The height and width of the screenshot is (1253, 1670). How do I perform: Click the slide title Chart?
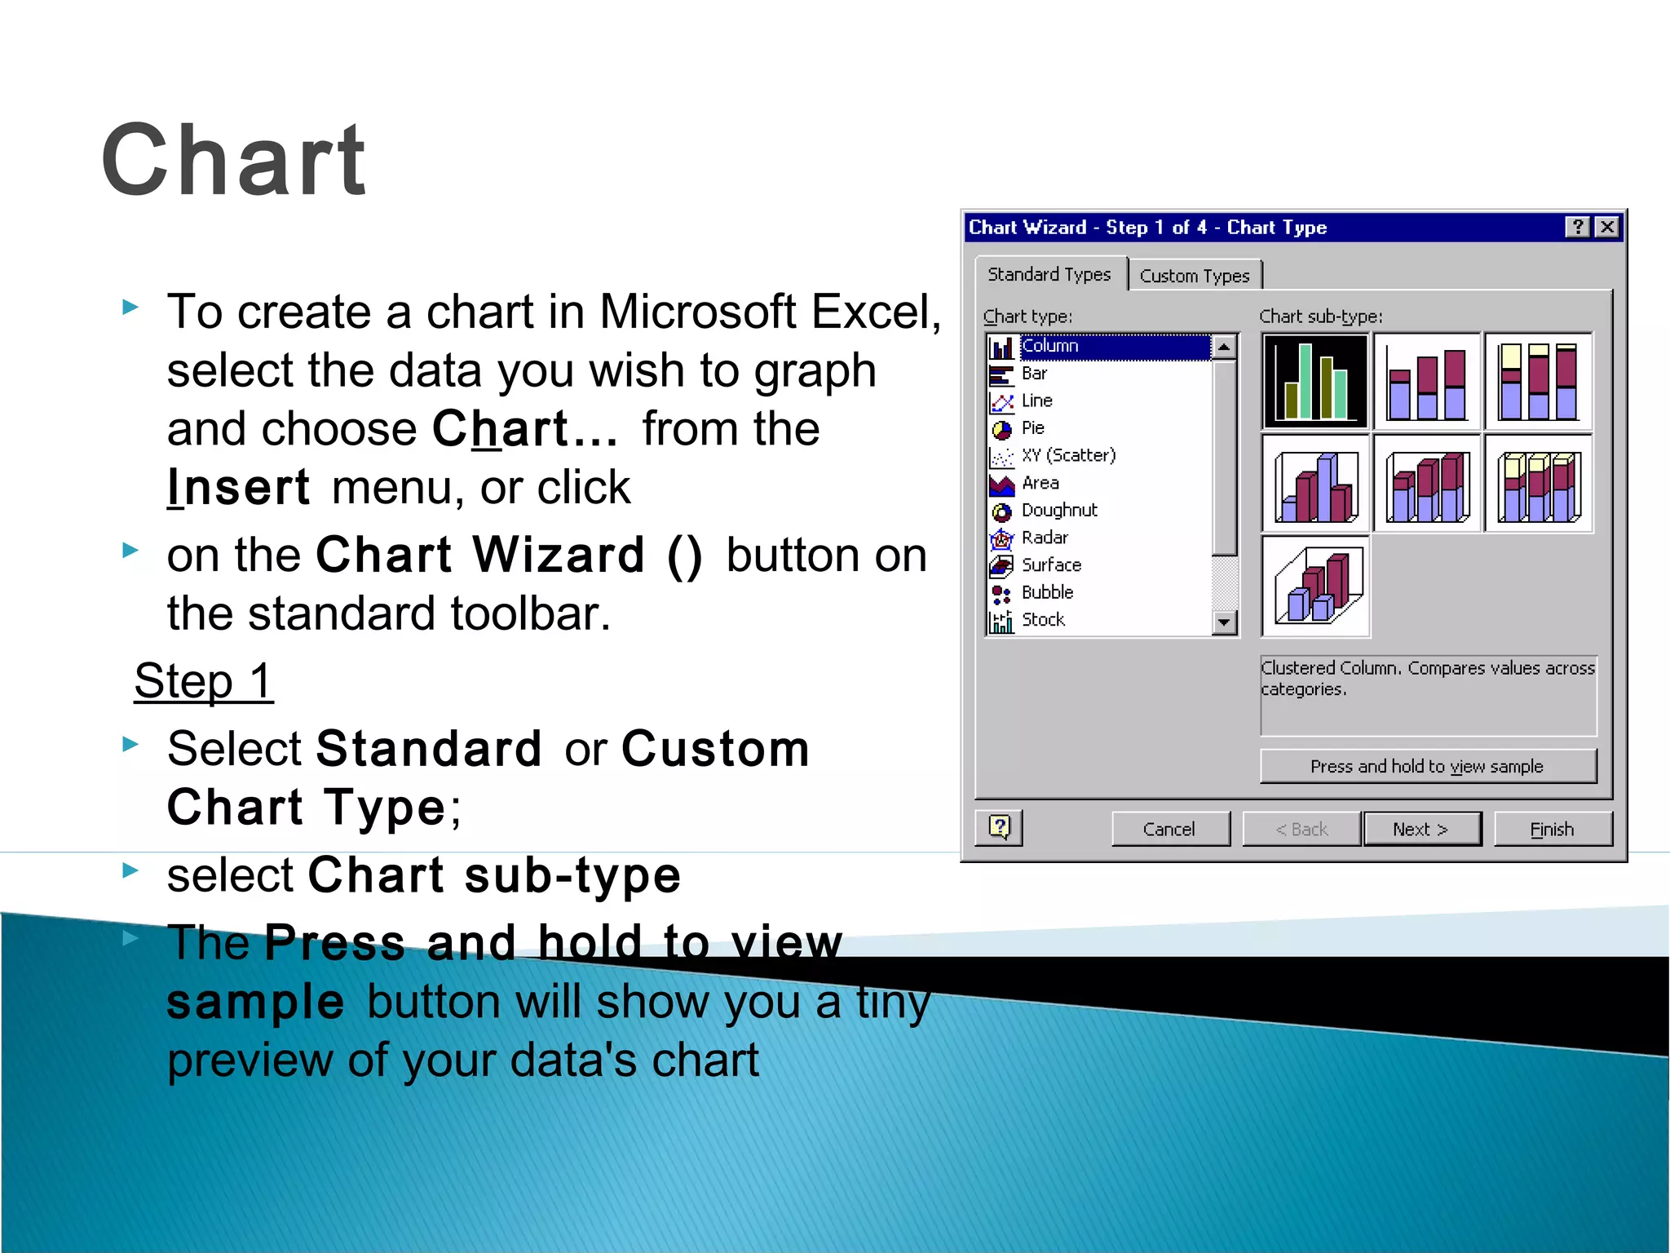tap(234, 160)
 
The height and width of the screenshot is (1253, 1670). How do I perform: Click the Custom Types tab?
tap(1194, 276)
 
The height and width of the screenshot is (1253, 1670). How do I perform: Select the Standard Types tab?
tap(1049, 274)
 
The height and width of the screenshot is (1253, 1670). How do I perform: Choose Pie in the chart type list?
tap(1032, 427)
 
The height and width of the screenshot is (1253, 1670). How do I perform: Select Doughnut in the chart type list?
tap(1058, 510)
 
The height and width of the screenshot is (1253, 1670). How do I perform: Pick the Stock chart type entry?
tap(1042, 620)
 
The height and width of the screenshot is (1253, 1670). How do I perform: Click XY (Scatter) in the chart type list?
tap(1067, 455)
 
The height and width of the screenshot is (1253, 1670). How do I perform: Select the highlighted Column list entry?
tap(1050, 346)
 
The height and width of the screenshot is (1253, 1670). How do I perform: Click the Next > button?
tap(1420, 829)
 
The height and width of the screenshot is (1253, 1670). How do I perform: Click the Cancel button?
tap(1169, 829)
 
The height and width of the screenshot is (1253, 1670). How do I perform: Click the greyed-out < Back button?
tap(1301, 829)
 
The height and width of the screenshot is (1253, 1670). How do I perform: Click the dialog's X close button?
tap(1606, 227)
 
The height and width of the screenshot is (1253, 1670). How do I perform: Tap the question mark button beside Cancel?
tap(999, 827)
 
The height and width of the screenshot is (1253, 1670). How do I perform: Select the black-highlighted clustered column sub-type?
tap(1315, 381)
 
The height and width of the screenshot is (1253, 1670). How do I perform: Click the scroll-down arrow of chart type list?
tap(1224, 622)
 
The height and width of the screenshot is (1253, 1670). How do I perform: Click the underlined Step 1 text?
tap(203, 681)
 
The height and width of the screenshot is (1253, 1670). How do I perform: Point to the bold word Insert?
tap(238, 488)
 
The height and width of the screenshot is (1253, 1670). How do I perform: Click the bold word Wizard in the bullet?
tap(559, 556)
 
